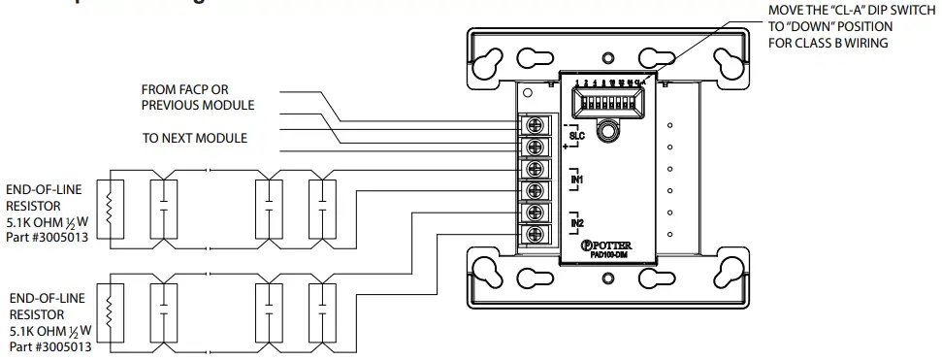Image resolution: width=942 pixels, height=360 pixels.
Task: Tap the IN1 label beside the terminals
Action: pyautogui.click(x=575, y=180)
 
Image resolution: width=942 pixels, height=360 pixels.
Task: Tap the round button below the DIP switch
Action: pyautogui.click(x=608, y=129)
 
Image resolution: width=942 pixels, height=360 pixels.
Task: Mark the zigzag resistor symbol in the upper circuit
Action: pyautogui.click(x=109, y=206)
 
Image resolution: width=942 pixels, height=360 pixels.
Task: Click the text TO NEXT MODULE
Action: pyautogui.click(x=195, y=138)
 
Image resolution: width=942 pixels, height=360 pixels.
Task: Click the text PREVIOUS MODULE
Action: pyautogui.click(x=198, y=105)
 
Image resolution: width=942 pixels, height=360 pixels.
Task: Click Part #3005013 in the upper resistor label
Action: pyautogui.click(x=48, y=237)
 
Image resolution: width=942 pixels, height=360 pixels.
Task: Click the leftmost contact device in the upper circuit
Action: pyautogui.click(x=162, y=206)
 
